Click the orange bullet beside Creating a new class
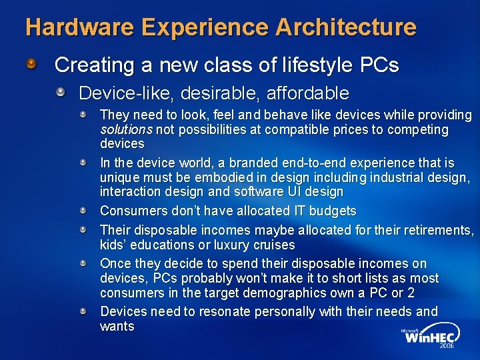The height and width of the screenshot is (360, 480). [x=33, y=65]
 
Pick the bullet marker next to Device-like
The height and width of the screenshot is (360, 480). [x=61, y=91]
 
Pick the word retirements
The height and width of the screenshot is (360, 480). [x=434, y=230]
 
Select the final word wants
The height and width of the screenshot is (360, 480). [x=117, y=326]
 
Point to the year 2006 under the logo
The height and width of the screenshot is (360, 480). [x=447, y=347]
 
